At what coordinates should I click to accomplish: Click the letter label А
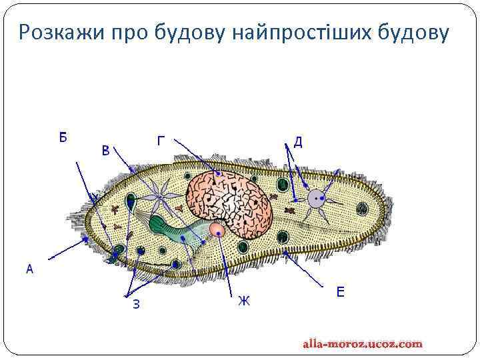[29, 269]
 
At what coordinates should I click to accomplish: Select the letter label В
[105, 151]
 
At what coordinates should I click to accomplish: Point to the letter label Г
[161, 141]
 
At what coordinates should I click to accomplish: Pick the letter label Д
[298, 141]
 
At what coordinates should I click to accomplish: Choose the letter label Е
[340, 291]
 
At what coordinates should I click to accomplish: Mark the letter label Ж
[244, 301]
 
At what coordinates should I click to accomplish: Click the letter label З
[136, 305]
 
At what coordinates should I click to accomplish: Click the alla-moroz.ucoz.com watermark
[363, 344]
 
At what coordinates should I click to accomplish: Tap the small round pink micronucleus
[217, 230]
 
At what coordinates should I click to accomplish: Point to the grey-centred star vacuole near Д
[315, 198]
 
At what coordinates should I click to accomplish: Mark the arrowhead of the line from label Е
[285, 253]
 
